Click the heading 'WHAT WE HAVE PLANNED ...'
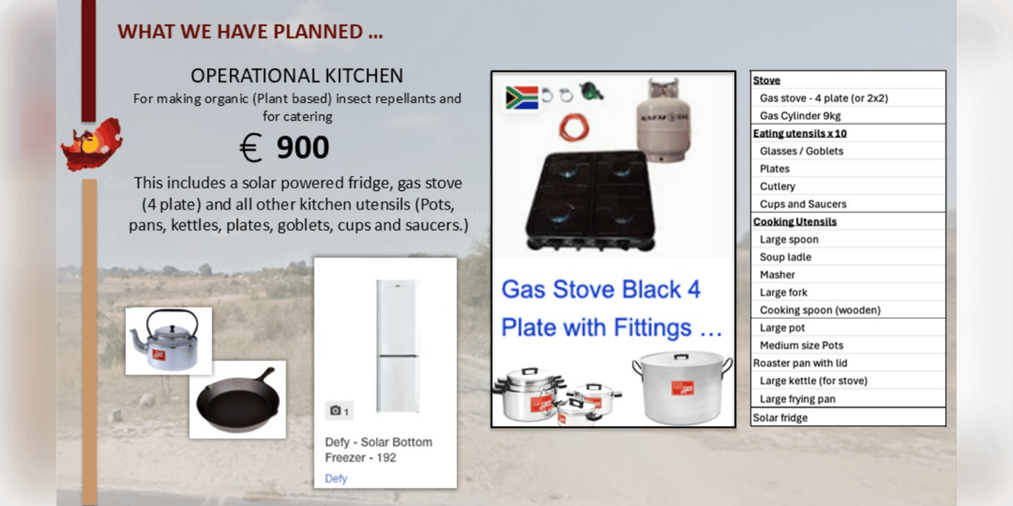click(250, 32)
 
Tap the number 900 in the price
click(303, 147)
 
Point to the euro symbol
click(251, 147)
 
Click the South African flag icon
click(522, 98)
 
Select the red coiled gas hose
click(574, 127)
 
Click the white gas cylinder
click(664, 120)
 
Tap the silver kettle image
click(166, 341)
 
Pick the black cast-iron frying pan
click(238, 400)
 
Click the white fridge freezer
click(397, 346)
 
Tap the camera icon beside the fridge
click(335, 410)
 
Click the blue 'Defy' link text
click(336, 479)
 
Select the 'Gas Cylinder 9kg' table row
click(800, 116)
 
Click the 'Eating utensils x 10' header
click(799, 133)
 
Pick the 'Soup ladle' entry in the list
click(785, 257)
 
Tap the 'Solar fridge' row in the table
click(780, 417)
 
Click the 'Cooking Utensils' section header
click(794, 222)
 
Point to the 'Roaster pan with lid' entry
click(800, 363)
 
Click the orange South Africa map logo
click(92, 144)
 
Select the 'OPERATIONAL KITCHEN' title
click(297, 76)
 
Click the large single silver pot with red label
click(682, 387)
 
